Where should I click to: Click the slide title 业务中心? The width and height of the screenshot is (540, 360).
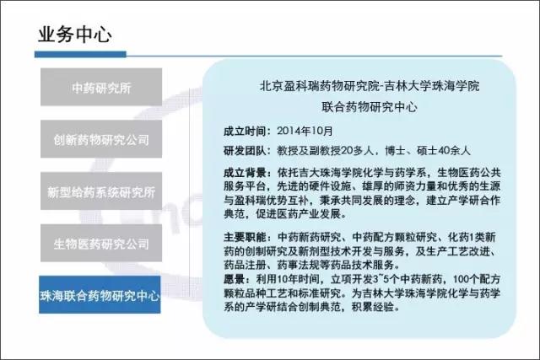(x=75, y=35)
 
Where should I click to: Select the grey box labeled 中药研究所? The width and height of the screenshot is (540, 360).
(x=101, y=87)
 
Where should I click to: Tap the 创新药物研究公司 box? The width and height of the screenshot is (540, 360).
(x=101, y=139)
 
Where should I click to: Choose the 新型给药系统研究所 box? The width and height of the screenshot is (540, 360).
(x=101, y=191)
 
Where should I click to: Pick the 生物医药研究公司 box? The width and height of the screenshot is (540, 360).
(x=101, y=243)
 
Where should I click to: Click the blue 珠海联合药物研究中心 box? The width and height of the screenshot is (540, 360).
(x=100, y=294)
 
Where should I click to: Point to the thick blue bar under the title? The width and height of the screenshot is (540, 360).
(x=80, y=54)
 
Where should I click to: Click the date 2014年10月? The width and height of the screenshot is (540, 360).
(x=305, y=131)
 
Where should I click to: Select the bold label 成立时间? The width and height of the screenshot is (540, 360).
(x=244, y=132)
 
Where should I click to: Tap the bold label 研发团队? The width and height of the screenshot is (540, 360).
(x=244, y=151)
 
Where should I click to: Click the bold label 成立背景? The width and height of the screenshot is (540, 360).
(x=244, y=173)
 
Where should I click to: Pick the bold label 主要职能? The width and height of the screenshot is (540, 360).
(x=244, y=237)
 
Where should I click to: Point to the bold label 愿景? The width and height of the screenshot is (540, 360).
(x=234, y=279)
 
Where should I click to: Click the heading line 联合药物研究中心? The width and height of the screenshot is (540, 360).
(x=370, y=107)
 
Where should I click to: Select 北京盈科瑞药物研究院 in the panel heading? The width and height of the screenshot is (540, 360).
(x=319, y=86)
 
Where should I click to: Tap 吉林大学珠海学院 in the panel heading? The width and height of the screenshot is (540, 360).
(x=432, y=86)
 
